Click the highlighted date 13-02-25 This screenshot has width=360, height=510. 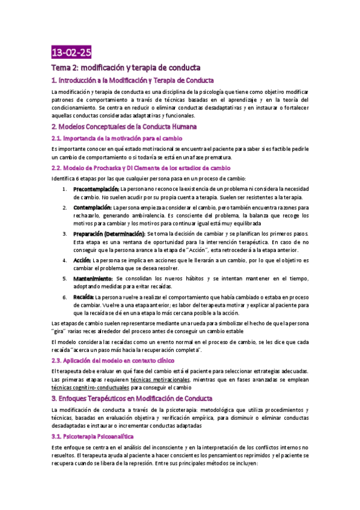72,52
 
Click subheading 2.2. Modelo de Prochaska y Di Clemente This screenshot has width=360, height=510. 141,168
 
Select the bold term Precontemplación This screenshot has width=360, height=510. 96,189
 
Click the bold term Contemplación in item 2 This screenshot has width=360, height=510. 93,207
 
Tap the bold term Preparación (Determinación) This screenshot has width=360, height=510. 109,233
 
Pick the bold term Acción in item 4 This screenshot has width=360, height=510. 82,260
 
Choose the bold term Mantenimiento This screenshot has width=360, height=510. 93,279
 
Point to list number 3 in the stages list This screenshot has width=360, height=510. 65,233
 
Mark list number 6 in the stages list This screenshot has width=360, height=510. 65,297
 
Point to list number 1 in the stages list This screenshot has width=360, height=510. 65,189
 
